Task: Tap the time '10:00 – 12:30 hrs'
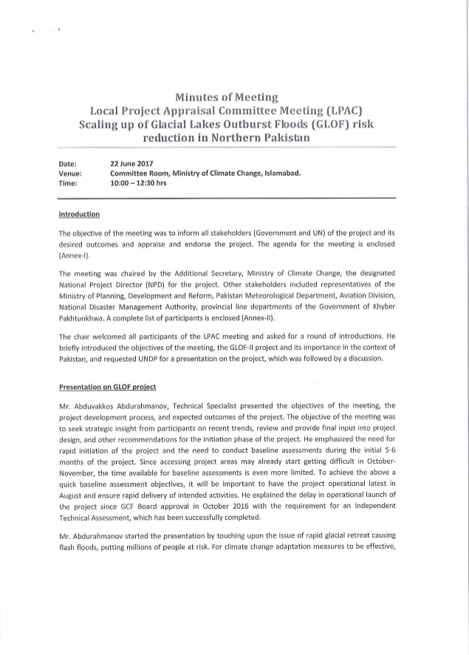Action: click(138, 182)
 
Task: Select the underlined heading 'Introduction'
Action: click(78, 214)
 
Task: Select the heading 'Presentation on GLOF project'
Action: click(107, 388)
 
